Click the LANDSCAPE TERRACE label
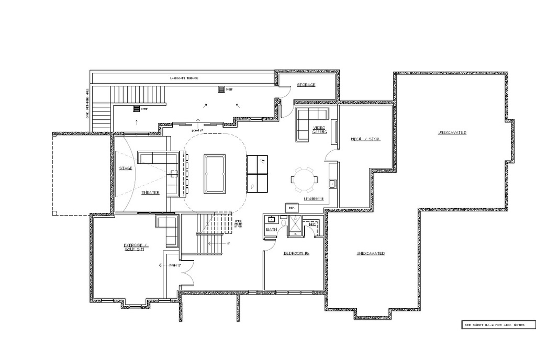[184, 78]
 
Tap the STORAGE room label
[306, 85]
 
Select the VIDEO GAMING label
[319, 130]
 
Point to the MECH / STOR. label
[365, 139]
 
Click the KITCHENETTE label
[314, 199]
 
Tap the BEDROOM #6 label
[296, 253]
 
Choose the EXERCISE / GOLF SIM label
[136, 247]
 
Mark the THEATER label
[150, 193]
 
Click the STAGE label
[126, 168]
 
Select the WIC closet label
[313, 224]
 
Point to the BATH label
[271, 229]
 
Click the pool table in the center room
[215, 174]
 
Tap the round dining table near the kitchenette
[304, 179]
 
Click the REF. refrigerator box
[292, 208]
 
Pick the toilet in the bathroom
[283, 223]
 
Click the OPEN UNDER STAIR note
[238, 224]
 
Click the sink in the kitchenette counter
[332, 184]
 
